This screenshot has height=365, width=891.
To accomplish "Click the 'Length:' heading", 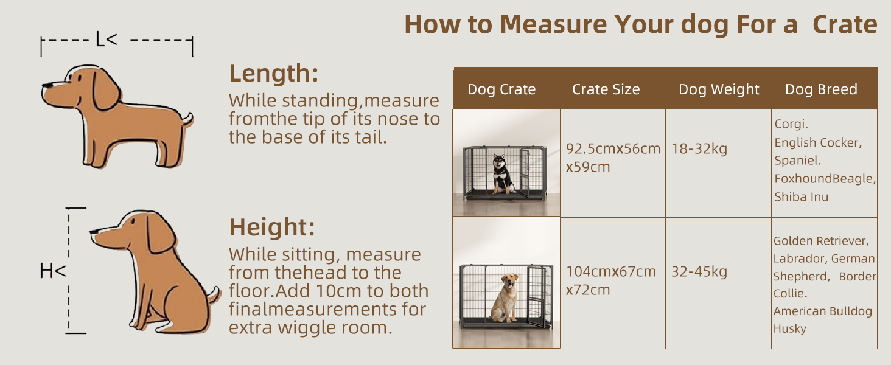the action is pyautogui.click(x=274, y=74).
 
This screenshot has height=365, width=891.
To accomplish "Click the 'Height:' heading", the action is pyautogui.click(x=272, y=228).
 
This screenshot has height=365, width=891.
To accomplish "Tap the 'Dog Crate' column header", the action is pyautogui.click(x=501, y=89).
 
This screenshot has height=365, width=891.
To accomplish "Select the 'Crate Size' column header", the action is pyautogui.click(x=606, y=89).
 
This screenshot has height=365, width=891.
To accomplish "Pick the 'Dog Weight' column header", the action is pyautogui.click(x=719, y=89).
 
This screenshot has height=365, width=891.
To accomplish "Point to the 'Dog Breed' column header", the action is pyautogui.click(x=821, y=89).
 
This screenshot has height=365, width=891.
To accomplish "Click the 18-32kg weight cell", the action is pyautogui.click(x=699, y=148).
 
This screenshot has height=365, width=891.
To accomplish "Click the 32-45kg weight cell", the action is pyautogui.click(x=699, y=271).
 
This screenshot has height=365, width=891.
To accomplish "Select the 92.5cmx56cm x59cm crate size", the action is pyautogui.click(x=613, y=158).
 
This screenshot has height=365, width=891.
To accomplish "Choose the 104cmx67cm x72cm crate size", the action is pyautogui.click(x=611, y=280).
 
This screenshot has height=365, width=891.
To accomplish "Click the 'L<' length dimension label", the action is pyautogui.click(x=107, y=40).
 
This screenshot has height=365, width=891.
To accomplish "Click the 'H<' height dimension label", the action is pyautogui.click(x=52, y=271).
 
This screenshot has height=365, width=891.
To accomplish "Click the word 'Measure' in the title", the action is pyautogui.click(x=553, y=24).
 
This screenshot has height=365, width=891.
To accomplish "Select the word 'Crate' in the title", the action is pyautogui.click(x=845, y=25).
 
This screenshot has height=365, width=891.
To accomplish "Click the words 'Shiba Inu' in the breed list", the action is pyautogui.click(x=801, y=197).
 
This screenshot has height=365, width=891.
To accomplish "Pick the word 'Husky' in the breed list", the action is pyautogui.click(x=790, y=329).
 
